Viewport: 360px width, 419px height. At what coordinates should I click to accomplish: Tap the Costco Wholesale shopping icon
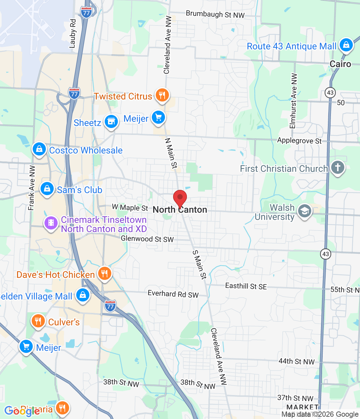(39, 149)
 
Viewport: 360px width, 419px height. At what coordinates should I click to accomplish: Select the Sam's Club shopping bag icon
(47, 189)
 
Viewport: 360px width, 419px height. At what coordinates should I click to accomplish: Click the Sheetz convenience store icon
(111, 122)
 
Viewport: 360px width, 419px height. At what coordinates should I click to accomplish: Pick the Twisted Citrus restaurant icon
(162, 95)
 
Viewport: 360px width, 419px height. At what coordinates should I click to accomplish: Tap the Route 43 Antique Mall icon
(346, 45)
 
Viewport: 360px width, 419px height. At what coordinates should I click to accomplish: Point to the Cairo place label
(340, 64)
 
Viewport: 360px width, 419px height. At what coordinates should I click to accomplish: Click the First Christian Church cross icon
(338, 168)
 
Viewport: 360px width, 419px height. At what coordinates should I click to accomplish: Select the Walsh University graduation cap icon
(305, 211)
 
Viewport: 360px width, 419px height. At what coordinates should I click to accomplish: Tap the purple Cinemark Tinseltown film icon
(51, 223)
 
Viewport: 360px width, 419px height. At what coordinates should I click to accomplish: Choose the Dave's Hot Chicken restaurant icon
(104, 273)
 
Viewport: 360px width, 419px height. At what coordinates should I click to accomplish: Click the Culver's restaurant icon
(38, 321)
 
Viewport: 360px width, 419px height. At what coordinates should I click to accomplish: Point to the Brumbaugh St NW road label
(215, 14)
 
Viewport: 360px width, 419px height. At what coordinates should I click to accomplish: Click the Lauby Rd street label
(73, 33)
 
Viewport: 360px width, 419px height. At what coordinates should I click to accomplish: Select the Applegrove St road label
(299, 141)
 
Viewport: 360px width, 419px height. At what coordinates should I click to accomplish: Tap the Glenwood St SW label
(147, 239)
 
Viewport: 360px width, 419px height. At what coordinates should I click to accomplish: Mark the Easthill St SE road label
(246, 286)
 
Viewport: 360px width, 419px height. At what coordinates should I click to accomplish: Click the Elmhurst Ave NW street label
(294, 100)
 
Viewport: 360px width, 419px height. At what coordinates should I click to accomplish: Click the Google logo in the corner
(22, 411)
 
